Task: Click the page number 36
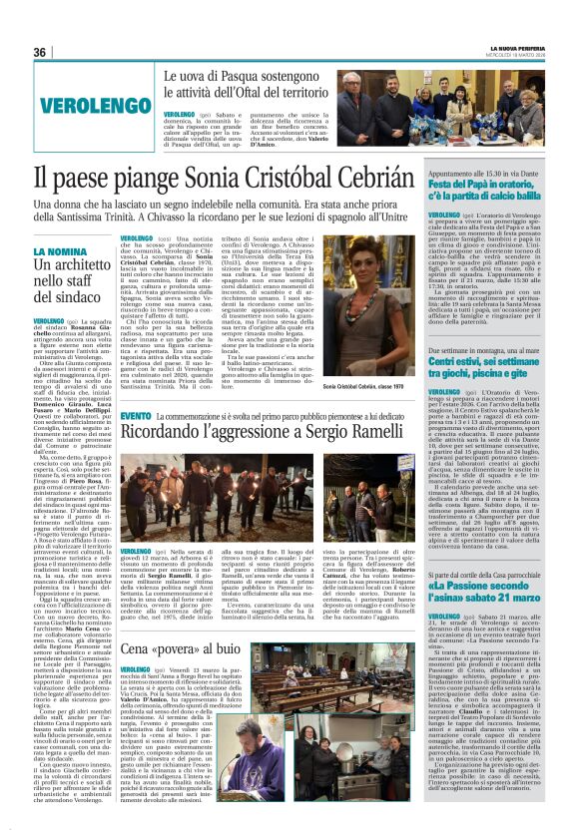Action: pos(40,52)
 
